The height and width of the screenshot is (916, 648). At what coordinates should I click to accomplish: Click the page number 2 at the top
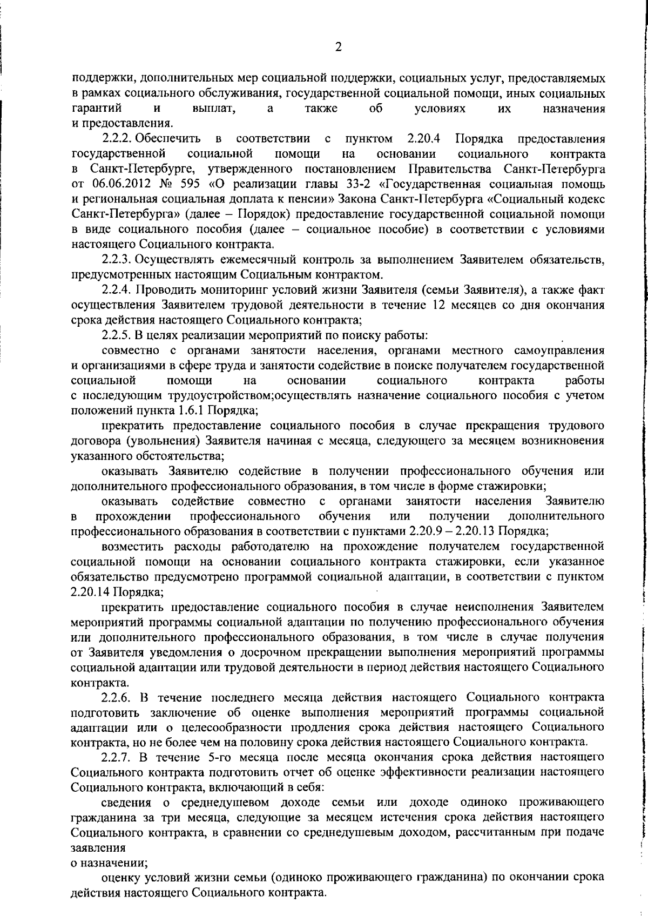pos(338,47)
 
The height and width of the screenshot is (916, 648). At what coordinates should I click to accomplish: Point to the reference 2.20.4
pos(424,139)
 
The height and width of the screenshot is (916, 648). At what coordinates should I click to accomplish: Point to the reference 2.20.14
pos(90,591)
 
